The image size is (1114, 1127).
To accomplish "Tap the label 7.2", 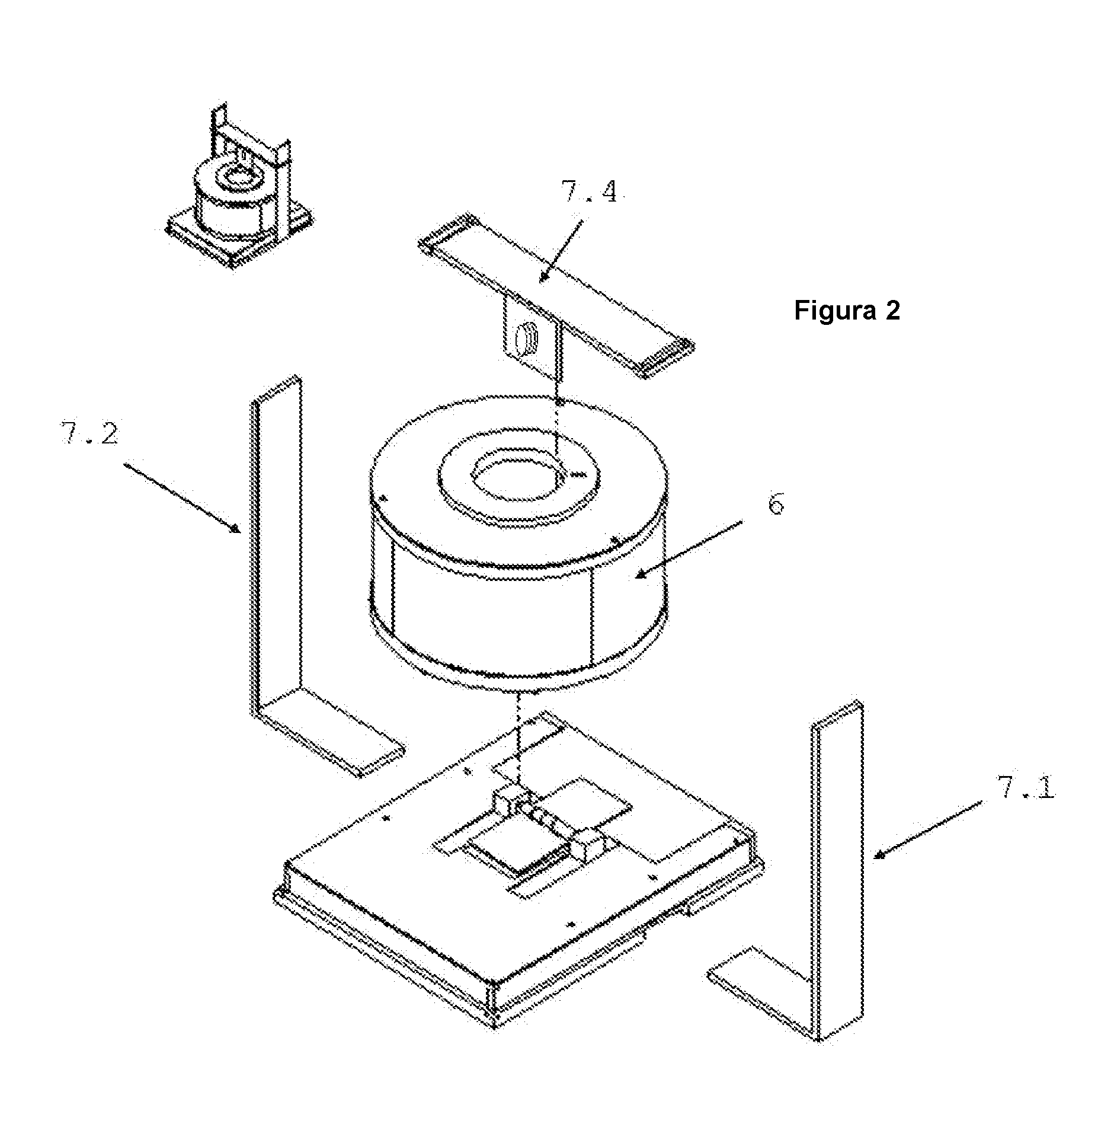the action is [88, 434].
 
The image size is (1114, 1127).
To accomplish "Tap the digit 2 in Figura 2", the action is [892, 310].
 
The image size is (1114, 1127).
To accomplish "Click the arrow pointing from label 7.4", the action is [560, 250].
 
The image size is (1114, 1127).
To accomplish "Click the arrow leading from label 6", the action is [689, 549].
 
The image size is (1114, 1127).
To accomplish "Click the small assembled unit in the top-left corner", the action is [239, 187].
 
